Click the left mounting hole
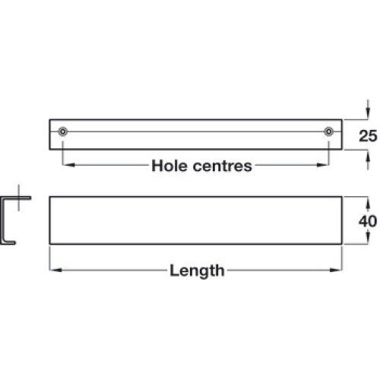click(62, 131)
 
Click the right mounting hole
click(328, 131)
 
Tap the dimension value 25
click(368, 136)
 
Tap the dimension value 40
click(368, 221)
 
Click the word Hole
click(170, 166)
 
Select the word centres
click(223, 166)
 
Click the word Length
click(197, 271)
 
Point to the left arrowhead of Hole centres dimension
click(68, 165)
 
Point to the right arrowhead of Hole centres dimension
click(323, 165)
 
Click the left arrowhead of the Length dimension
click(55, 270)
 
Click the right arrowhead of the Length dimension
click(336, 270)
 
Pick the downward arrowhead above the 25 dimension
click(368, 113)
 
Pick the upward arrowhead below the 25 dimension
click(368, 156)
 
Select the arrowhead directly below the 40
click(368, 238)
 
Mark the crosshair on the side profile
click(18, 198)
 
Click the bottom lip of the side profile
click(8, 242)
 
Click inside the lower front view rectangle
click(195, 220)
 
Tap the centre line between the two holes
click(195, 131)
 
